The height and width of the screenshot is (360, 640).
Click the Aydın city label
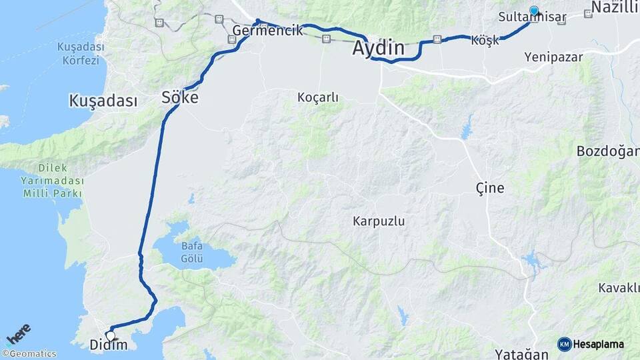click(x=378, y=48)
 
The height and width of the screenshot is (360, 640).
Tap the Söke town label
click(x=180, y=97)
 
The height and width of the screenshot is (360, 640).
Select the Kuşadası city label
click(x=103, y=101)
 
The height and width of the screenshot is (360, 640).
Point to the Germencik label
click(x=267, y=31)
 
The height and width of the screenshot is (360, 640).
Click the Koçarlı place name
click(x=318, y=97)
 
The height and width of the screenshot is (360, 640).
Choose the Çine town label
click(x=490, y=187)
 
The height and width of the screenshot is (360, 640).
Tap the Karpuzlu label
click(x=379, y=220)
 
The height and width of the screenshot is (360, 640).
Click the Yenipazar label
click(x=553, y=57)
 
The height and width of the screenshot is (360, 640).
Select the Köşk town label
click(x=485, y=41)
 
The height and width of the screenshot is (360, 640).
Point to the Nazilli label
click(x=615, y=7)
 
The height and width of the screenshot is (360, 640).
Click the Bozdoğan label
click(x=607, y=151)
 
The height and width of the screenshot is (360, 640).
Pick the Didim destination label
click(x=108, y=345)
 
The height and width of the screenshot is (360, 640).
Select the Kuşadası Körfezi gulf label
click(x=78, y=54)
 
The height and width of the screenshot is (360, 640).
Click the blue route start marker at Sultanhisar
click(x=534, y=10)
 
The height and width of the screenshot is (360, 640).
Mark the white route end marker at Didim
click(x=111, y=335)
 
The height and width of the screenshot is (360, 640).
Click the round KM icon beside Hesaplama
click(x=565, y=344)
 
